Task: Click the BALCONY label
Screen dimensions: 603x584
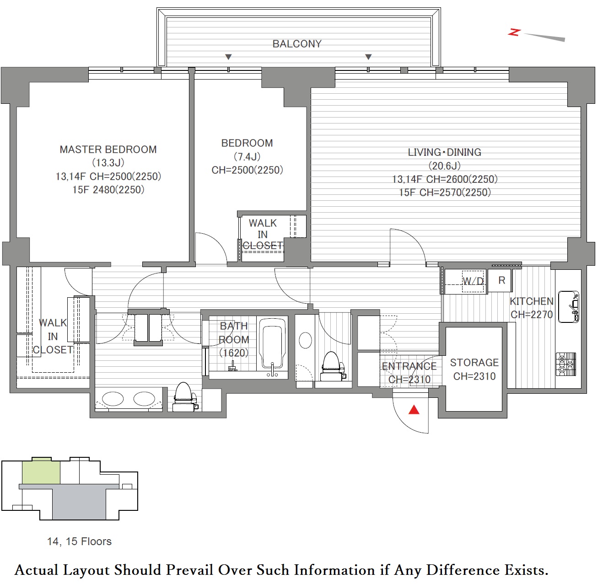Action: point(297,44)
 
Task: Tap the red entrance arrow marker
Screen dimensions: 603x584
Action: point(414,410)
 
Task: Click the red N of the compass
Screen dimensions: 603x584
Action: point(514,32)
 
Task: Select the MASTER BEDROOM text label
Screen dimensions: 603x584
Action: point(108,150)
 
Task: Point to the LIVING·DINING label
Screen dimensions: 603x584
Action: point(444,152)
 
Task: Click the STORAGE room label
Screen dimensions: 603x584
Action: point(474,363)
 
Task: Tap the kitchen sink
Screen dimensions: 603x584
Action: point(568,307)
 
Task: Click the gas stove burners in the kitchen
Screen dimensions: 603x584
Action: point(566,364)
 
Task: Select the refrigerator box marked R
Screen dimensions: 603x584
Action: point(500,281)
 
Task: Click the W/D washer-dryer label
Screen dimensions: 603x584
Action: point(473,281)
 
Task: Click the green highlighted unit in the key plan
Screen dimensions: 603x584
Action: point(41,471)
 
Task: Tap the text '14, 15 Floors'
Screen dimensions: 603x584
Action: point(79,541)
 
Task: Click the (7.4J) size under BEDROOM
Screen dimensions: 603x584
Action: point(247,157)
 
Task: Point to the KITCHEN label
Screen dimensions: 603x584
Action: point(532,301)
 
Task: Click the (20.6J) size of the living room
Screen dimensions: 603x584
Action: point(444,166)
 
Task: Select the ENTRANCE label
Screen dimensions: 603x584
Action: point(409,366)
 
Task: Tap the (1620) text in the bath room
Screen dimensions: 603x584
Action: point(234,353)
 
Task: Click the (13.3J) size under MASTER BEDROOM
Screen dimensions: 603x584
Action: point(108,163)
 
